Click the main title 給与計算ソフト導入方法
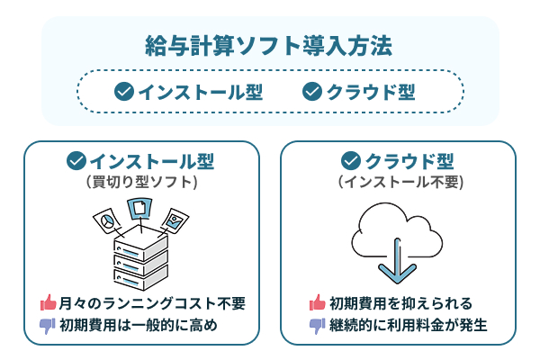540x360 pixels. (x=269, y=46)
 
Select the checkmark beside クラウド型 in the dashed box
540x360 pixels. (x=312, y=92)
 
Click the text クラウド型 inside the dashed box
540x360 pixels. (x=372, y=92)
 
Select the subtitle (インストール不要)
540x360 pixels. (x=400, y=181)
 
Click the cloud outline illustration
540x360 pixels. (x=399, y=232)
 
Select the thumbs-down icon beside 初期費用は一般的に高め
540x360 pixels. (x=48, y=326)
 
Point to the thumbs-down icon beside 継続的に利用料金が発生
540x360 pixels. (x=317, y=326)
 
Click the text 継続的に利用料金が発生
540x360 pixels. (x=408, y=325)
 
